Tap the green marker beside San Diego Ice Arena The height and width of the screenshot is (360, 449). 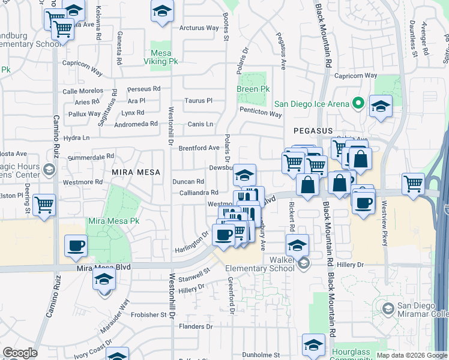pyautogui.click(x=359, y=104)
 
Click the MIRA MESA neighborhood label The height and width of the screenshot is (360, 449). pyautogui.click(x=136, y=172)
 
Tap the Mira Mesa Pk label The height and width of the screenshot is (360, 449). pyautogui.click(x=114, y=221)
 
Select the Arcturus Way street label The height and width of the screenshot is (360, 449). pyautogui.click(x=199, y=28)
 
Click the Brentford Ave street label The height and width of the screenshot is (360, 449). pyautogui.click(x=199, y=148)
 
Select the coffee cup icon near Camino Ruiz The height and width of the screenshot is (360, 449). pyautogui.click(x=76, y=245)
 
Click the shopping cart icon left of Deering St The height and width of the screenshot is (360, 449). pyautogui.click(x=44, y=205)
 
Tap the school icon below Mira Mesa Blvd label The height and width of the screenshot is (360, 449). pyautogui.click(x=104, y=280)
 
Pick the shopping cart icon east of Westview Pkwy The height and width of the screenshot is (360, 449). pyautogui.click(x=413, y=184)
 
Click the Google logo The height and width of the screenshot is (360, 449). pyautogui.click(x=20, y=353)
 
